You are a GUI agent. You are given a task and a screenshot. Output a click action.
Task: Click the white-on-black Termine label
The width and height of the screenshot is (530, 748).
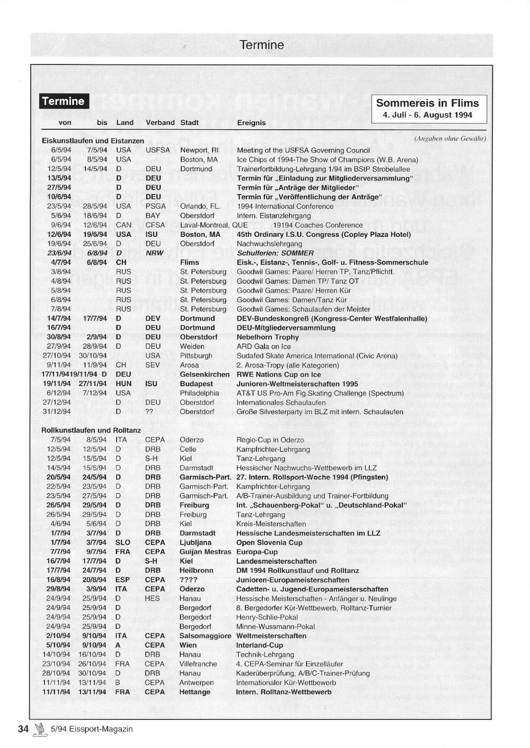(x=64, y=101)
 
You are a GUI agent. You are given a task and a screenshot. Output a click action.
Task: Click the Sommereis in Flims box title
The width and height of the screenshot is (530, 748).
(x=427, y=103)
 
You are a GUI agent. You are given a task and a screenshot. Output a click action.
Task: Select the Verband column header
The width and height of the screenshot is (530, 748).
(x=160, y=122)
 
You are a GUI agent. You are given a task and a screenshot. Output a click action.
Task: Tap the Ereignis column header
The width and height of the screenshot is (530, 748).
(x=251, y=122)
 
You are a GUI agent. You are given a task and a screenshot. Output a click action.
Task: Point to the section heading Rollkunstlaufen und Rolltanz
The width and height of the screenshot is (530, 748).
(x=91, y=430)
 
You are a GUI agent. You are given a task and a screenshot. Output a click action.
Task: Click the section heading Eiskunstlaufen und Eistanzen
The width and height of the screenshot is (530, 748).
(x=93, y=141)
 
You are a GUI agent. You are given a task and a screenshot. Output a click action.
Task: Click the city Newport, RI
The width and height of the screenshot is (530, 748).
(x=199, y=150)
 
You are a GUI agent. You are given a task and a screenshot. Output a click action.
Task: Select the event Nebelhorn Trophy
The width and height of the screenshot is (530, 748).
(x=268, y=337)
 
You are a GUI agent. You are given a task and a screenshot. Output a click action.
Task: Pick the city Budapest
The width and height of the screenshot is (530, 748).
(x=196, y=384)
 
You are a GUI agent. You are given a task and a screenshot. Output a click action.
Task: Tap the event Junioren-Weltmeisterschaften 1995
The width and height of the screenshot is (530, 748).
(x=297, y=384)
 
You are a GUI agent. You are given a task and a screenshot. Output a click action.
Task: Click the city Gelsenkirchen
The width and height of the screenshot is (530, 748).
(x=205, y=375)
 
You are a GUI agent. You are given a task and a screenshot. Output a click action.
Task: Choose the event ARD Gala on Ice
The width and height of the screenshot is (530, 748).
(x=263, y=346)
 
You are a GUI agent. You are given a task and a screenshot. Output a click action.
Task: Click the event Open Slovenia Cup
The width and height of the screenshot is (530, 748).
(x=269, y=542)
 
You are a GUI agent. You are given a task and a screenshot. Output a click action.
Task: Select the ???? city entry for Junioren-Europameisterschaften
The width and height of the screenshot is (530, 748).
(x=188, y=580)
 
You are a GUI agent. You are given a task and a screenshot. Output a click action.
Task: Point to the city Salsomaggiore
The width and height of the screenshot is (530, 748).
(x=205, y=636)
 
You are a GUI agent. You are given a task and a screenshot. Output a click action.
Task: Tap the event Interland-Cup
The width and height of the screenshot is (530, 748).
(x=260, y=645)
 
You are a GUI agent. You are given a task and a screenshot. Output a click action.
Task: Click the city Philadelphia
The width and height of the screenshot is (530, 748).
(x=199, y=393)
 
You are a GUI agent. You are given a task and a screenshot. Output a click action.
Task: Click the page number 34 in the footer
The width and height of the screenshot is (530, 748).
(x=23, y=729)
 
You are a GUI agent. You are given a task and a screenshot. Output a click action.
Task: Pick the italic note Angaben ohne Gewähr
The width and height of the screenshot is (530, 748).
(x=449, y=139)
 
